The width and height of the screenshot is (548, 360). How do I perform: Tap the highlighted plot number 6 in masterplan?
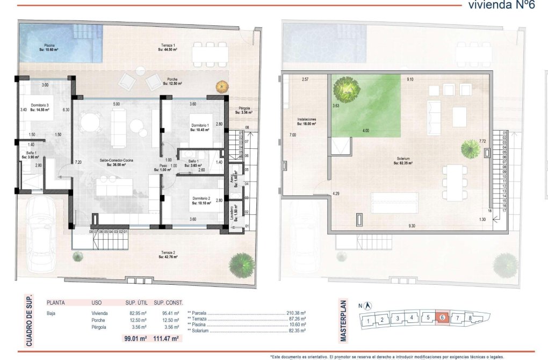click(442, 318)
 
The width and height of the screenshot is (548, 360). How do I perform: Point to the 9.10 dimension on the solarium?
click(410, 80)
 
